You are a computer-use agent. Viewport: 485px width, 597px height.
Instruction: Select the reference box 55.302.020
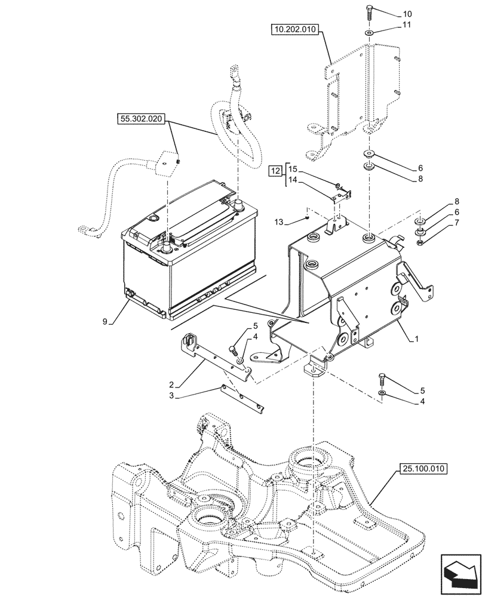pyautogui.click(x=141, y=119)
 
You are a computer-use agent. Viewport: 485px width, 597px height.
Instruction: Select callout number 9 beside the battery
pyautogui.click(x=105, y=322)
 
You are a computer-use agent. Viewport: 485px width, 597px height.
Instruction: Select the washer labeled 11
pyautogui.click(x=369, y=33)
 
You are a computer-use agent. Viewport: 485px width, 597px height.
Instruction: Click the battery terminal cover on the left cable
pyautogui.click(x=169, y=162)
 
